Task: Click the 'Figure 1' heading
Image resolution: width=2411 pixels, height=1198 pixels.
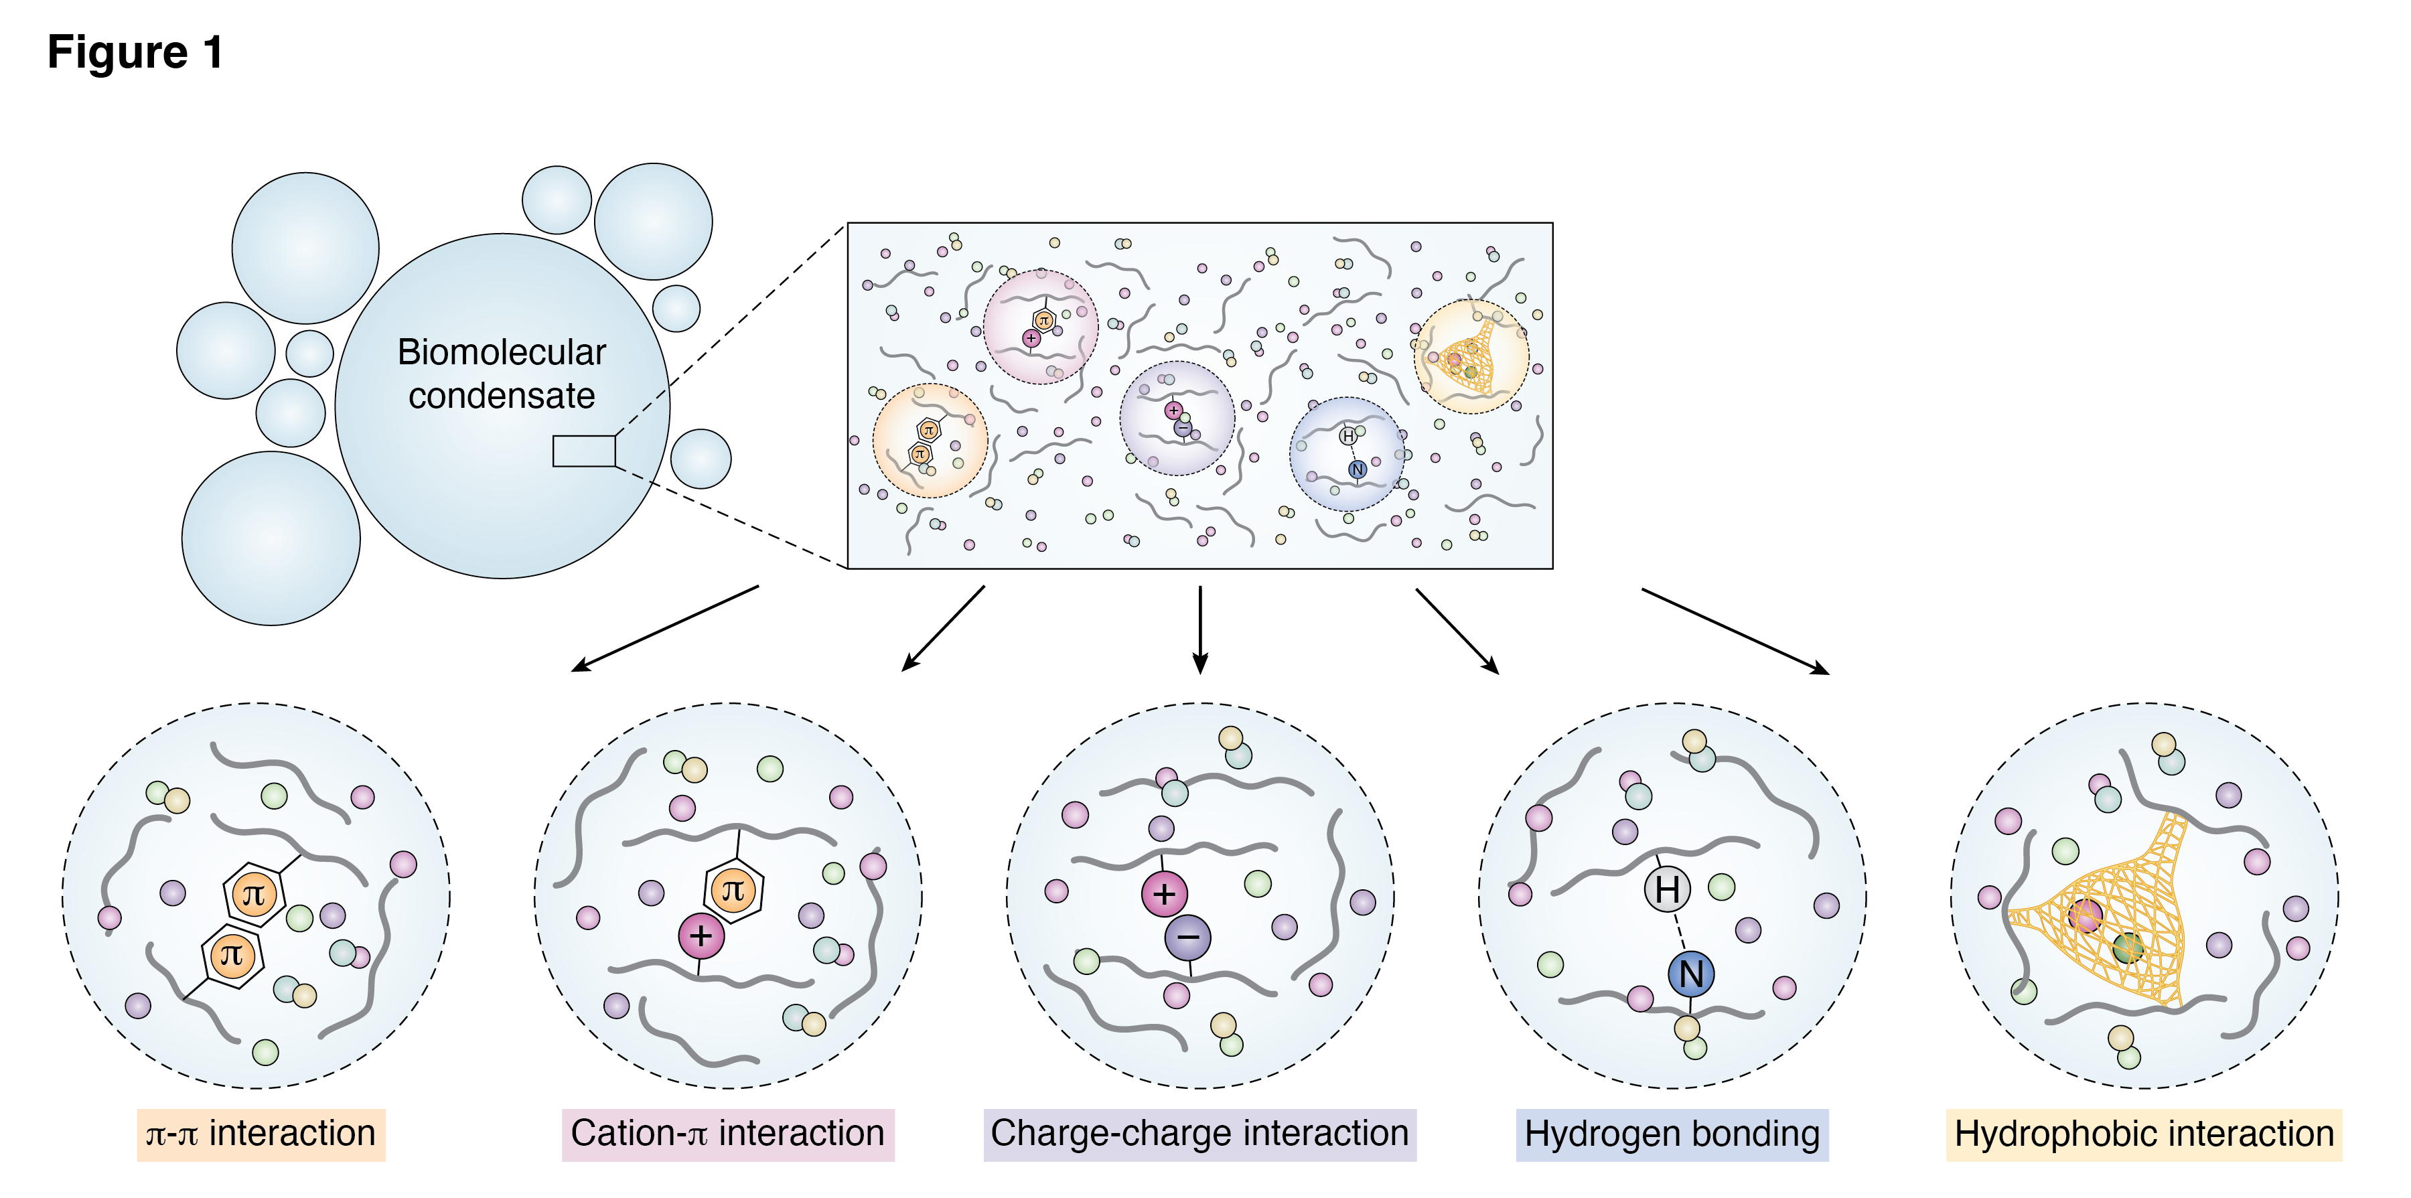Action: pos(136,52)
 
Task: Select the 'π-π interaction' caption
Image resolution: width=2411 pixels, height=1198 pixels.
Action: pos(261,1134)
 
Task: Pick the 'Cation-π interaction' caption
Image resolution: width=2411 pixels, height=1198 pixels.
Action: pos(727,1134)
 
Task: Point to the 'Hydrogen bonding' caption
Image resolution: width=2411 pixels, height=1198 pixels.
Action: pos(1672,1134)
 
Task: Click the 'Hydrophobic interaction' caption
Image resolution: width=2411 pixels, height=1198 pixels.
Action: pos(2143,1134)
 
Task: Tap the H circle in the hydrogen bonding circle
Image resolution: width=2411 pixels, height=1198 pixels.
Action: pos(1667,889)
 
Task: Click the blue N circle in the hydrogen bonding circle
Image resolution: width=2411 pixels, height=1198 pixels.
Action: pos(1691,974)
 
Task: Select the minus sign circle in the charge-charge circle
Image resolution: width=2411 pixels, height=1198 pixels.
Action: pos(1187,938)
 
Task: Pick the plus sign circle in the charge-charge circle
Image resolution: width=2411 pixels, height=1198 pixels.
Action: pos(1165,894)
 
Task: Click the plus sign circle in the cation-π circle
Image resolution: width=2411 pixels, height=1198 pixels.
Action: pos(701,935)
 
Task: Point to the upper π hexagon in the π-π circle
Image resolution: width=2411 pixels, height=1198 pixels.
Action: pos(254,895)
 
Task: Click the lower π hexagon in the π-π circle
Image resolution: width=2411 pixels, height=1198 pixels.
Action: pos(232,956)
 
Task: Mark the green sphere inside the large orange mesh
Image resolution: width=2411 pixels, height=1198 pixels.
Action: pos(2128,947)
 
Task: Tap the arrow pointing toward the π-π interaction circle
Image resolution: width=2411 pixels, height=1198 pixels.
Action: pos(664,629)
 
